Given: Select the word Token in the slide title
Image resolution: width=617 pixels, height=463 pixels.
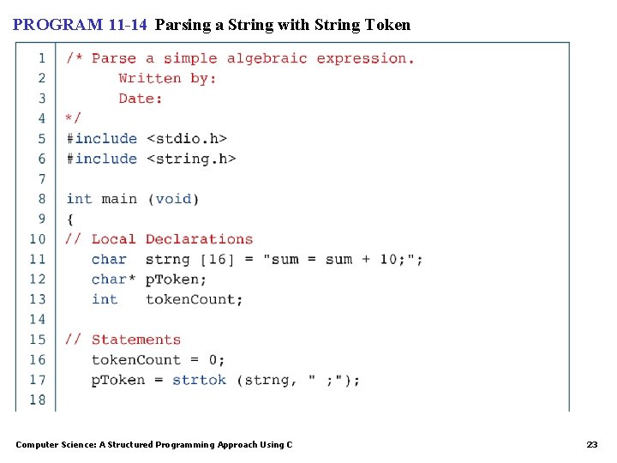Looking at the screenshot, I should click(387, 25).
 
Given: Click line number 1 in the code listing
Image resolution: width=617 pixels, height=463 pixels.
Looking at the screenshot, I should click(41, 58).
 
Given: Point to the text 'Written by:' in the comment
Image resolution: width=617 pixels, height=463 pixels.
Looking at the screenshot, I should click(167, 78).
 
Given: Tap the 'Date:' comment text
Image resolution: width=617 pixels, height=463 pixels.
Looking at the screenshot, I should click(141, 99).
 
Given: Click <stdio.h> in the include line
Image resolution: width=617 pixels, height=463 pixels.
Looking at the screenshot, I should click(186, 138).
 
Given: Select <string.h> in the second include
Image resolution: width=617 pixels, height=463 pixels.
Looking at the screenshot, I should click(190, 159).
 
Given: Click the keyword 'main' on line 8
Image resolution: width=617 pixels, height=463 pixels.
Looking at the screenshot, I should click(119, 199).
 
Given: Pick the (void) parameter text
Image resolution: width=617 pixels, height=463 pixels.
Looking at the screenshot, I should click(173, 199).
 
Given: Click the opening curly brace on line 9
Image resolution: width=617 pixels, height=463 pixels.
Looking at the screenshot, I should click(70, 219).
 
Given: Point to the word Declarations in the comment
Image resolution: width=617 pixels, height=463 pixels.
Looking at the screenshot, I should click(199, 239).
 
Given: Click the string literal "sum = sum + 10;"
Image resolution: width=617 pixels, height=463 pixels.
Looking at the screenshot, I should click(342, 259).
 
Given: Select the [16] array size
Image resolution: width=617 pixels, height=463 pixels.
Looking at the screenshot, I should click(217, 259).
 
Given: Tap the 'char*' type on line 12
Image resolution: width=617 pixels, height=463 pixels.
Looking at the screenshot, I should click(113, 280).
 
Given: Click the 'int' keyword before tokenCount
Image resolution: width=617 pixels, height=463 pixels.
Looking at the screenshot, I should click(105, 299).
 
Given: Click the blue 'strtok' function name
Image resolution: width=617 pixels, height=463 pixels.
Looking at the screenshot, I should click(199, 380).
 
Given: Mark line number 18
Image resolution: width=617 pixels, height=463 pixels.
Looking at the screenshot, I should click(38, 400).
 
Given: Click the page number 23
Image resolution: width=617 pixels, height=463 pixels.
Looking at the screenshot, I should click(591, 445).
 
